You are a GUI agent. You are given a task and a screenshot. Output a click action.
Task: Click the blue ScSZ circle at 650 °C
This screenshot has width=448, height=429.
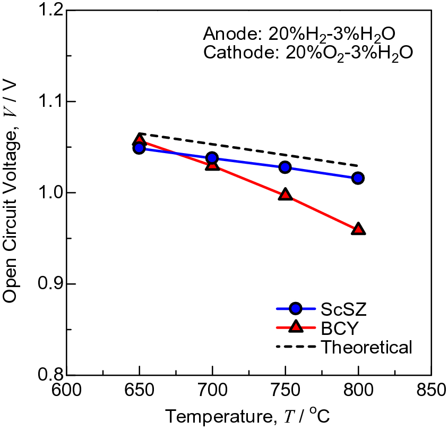pos(139,148)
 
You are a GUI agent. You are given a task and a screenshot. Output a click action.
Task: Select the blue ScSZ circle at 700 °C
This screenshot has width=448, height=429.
pos(212,158)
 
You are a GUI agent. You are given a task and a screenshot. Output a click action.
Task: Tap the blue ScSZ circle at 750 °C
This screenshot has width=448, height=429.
pos(286,167)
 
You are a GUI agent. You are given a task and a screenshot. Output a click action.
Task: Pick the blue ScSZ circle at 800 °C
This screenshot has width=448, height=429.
pos(358,178)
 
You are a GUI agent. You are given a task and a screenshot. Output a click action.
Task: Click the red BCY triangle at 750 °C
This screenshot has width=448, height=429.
pos(286,195)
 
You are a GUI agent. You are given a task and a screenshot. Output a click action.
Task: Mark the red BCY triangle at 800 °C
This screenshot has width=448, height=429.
pos(358,229)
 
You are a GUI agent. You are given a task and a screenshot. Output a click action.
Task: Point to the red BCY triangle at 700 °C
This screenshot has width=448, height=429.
pos(212,165)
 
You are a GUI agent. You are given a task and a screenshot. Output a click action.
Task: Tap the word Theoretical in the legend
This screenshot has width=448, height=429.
pos(366,348)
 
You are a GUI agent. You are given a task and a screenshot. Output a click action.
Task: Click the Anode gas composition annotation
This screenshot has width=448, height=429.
pos(298,35)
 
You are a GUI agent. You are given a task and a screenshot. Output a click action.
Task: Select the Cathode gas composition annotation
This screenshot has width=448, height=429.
pos(308,54)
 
